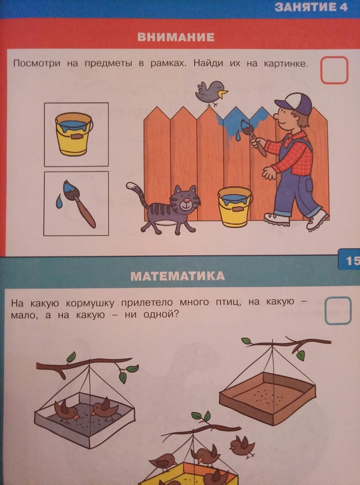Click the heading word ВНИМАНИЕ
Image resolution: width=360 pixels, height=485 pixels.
pyautogui.click(x=176, y=37)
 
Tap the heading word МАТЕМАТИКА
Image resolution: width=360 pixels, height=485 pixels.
pyautogui.click(x=178, y=276)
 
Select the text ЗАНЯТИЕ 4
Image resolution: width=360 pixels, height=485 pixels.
pyautogui.click(x=311, y=7)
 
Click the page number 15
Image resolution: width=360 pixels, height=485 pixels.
pyautogui.click(x=352, y=261)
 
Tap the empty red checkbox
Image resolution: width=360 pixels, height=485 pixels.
pyautogui.click(x=334, y=70)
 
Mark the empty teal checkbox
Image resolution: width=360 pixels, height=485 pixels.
pyautogui.click(x=338, y=311)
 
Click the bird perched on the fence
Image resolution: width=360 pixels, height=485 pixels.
pyautogui.click(x=212, y=93)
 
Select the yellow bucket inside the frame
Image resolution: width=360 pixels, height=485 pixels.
pyautogui.click(x=74, y=134)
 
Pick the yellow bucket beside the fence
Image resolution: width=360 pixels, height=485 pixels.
pyautogui.click(x=235, y=207)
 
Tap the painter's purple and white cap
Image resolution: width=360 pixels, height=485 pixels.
pyautogui.click(x=293, y=104)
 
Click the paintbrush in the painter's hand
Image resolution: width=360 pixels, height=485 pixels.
pyautogui.click(x=253, y=137)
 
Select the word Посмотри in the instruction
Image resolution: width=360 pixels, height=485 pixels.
pyautogui.click(x=37, y=64)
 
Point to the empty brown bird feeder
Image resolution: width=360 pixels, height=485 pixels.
pyautogui.click(x=268, y=397)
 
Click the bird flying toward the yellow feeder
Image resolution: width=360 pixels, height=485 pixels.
pyautogui.click(x=243, y=446)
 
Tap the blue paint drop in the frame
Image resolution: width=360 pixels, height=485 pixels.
pyautogui.click(x=59, y=201)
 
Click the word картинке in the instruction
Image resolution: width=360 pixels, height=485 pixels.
pyautogui.click(x=286, y=64)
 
